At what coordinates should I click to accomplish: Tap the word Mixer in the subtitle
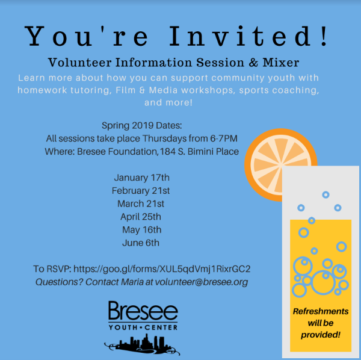[281, 63]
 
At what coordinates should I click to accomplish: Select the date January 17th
[141, 178]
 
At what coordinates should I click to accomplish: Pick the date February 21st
[141, 191]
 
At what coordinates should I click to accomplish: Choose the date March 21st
[141, 204]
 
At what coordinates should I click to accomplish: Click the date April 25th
[141, 217]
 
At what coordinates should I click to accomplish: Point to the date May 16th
[141, 230]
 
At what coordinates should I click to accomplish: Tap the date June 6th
[141, 243]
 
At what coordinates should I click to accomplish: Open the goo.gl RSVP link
[162, 269]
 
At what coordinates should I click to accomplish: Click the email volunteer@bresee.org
[202, 282]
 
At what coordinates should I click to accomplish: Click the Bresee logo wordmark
[143, 311]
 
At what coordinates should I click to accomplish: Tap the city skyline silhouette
[142, 344]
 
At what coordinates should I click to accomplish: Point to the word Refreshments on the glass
[321, 311]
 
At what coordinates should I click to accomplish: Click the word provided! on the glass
[321, 335]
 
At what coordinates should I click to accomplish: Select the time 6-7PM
[224, 138]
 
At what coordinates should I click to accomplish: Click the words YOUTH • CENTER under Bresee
[143, 327]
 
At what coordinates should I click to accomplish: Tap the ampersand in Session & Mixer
[253, 63]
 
